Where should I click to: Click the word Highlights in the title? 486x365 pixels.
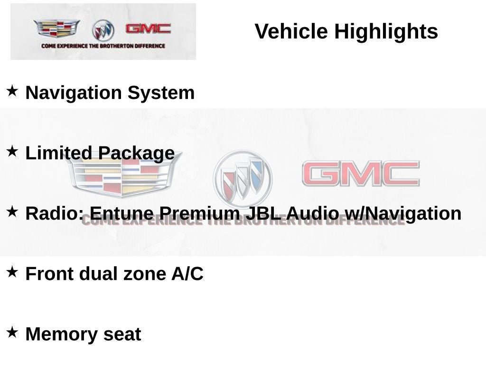pyautogui.click(x=386, y=32)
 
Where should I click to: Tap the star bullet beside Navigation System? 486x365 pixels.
pyautogui.click(x=12, y=90)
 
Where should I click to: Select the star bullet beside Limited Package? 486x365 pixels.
pyautogui.click(x=12, y=151)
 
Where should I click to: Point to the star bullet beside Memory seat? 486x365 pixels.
pyautogui.click(x=12, y=332)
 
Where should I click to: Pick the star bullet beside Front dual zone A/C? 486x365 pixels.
pyautogui.click(x=12, y=272)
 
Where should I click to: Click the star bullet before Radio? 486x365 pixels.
pyautogui.click(x=12, y=211)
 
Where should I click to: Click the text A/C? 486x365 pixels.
pyautogui.click(x=187, y=274)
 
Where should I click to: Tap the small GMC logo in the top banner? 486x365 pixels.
pyautogui.click(x=148, y=29)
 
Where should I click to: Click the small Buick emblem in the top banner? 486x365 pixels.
pyautogui.click(x=103, y=30)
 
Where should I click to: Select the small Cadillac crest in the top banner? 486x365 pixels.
pyautogui.click(x=56, y=29)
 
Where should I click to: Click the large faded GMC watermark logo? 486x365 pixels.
pyautogui.click(x=361, y=173)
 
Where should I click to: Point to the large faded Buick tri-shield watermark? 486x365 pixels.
pyautogui.click(x=243, y=177)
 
